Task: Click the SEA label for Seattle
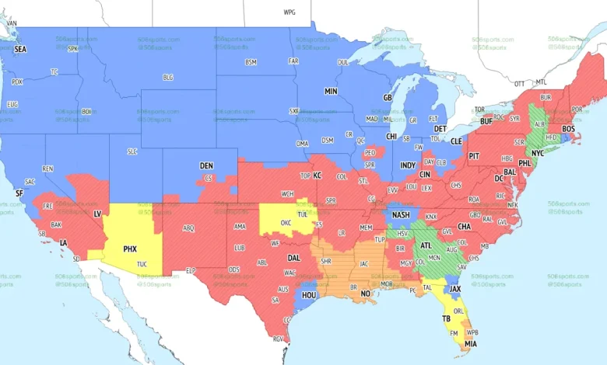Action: click(20, 49)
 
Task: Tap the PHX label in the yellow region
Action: click(131, 249)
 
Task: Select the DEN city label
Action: click(206, 165)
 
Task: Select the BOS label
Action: click(568, 128)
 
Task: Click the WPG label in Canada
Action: click(289, 13)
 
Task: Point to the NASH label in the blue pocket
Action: click(402, 215)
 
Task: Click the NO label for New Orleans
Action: click(366, 294)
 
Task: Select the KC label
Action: click(317, 176)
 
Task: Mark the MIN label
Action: click(331, 91)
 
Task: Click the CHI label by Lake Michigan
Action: click(392, 136)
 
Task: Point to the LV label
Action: click(98, 213)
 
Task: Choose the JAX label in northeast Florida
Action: click(456, 288)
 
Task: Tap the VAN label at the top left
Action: click(12, 23)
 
